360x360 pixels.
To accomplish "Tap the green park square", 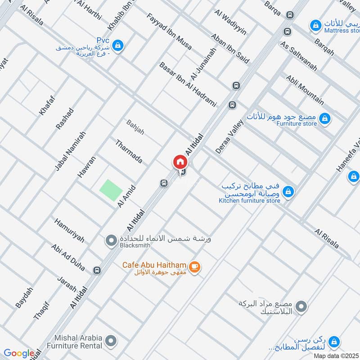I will [111, 190].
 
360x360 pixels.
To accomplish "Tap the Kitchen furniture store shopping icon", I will [288, 192].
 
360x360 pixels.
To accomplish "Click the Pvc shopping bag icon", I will [118, 45].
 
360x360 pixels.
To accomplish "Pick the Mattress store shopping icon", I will [317, 24].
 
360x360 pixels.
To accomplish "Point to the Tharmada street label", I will [129, 152].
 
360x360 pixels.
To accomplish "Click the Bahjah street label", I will [135, 127].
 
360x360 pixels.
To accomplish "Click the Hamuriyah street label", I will [69, 230].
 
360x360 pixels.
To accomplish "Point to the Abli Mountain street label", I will [305, 89].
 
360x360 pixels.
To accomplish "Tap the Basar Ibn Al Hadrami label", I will [188, 85].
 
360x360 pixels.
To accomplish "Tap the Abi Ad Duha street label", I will [68, 257].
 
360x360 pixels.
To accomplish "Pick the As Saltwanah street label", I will [298, 56].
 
